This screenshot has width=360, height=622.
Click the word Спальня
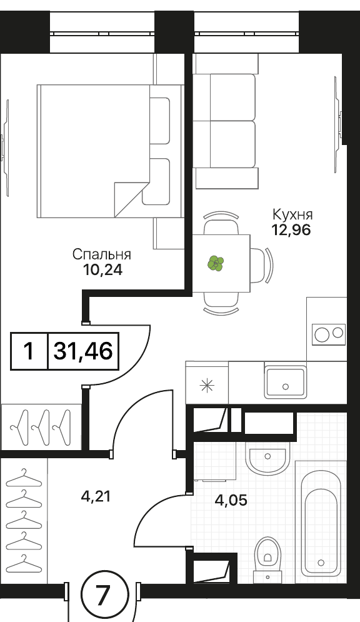click(101, 255)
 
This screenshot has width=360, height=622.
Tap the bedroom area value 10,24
click(102, 270)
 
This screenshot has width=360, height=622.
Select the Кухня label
click(292, 214)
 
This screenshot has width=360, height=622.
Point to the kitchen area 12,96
click(291, 230)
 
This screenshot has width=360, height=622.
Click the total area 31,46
click(83, 351)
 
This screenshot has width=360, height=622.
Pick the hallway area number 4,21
click(95, 496)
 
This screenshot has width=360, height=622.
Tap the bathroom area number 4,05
click(231, 501)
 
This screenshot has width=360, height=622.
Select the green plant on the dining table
click(216, 263)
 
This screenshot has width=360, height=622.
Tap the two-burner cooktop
click(329, 334)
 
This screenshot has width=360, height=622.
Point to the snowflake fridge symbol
click(207, 386)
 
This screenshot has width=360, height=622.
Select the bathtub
click(321, 523)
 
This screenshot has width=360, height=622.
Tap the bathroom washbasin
click(267, 459)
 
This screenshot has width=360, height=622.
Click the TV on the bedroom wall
click(5, 148)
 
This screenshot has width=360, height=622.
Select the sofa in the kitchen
click(226, 121)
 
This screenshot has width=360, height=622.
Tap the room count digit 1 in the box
click(29, 351)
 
